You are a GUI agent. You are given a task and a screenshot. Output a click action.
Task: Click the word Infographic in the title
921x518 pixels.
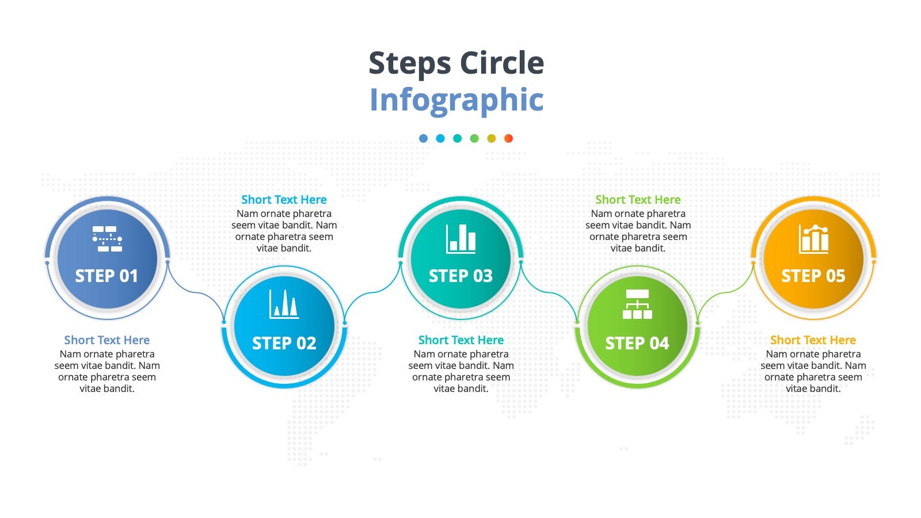point(456,100)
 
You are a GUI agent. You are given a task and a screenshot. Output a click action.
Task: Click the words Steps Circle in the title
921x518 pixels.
point(456,63)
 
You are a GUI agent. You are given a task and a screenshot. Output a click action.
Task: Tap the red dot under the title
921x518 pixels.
point(509,139)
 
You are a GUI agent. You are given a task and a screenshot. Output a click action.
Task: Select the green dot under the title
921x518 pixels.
point(474,139)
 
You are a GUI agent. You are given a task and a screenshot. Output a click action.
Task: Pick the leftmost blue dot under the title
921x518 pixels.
point(423,139)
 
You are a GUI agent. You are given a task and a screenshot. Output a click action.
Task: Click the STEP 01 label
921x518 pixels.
point(106,276)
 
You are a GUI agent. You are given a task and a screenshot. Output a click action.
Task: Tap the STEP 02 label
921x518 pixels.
point(284,343)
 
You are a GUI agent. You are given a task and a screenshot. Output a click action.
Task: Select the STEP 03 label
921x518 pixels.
point(461,276)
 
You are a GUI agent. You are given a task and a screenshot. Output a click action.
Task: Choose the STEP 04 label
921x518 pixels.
point(637,343)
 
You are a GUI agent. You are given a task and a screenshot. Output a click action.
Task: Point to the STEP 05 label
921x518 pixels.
point(813,276)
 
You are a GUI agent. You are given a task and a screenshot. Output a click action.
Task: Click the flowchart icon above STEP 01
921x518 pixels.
point(107,238)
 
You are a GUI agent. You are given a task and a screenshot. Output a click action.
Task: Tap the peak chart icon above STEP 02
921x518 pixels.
point(284,304)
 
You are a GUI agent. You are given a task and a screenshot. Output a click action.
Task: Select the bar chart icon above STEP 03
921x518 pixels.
point(461,239)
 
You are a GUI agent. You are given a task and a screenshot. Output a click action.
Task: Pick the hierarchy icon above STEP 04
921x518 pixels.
point(637,304)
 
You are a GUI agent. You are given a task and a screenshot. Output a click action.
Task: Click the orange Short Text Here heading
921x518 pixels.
point(813,340)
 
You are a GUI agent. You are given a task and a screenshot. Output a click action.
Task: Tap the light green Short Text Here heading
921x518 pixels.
point(638,200)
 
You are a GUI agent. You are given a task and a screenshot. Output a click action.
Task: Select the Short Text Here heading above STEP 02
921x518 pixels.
point(284,200)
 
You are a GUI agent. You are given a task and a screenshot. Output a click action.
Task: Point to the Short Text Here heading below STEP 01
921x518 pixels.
point(107,340)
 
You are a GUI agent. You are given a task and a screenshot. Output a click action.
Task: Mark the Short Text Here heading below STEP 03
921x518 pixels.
point(461,340)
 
